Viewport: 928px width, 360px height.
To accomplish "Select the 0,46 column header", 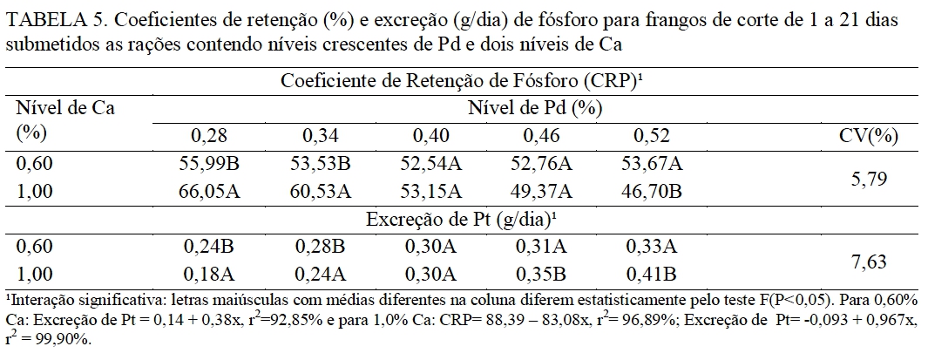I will [x=543, y=136].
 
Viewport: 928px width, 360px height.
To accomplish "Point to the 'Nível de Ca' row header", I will [x=65, y=109].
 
